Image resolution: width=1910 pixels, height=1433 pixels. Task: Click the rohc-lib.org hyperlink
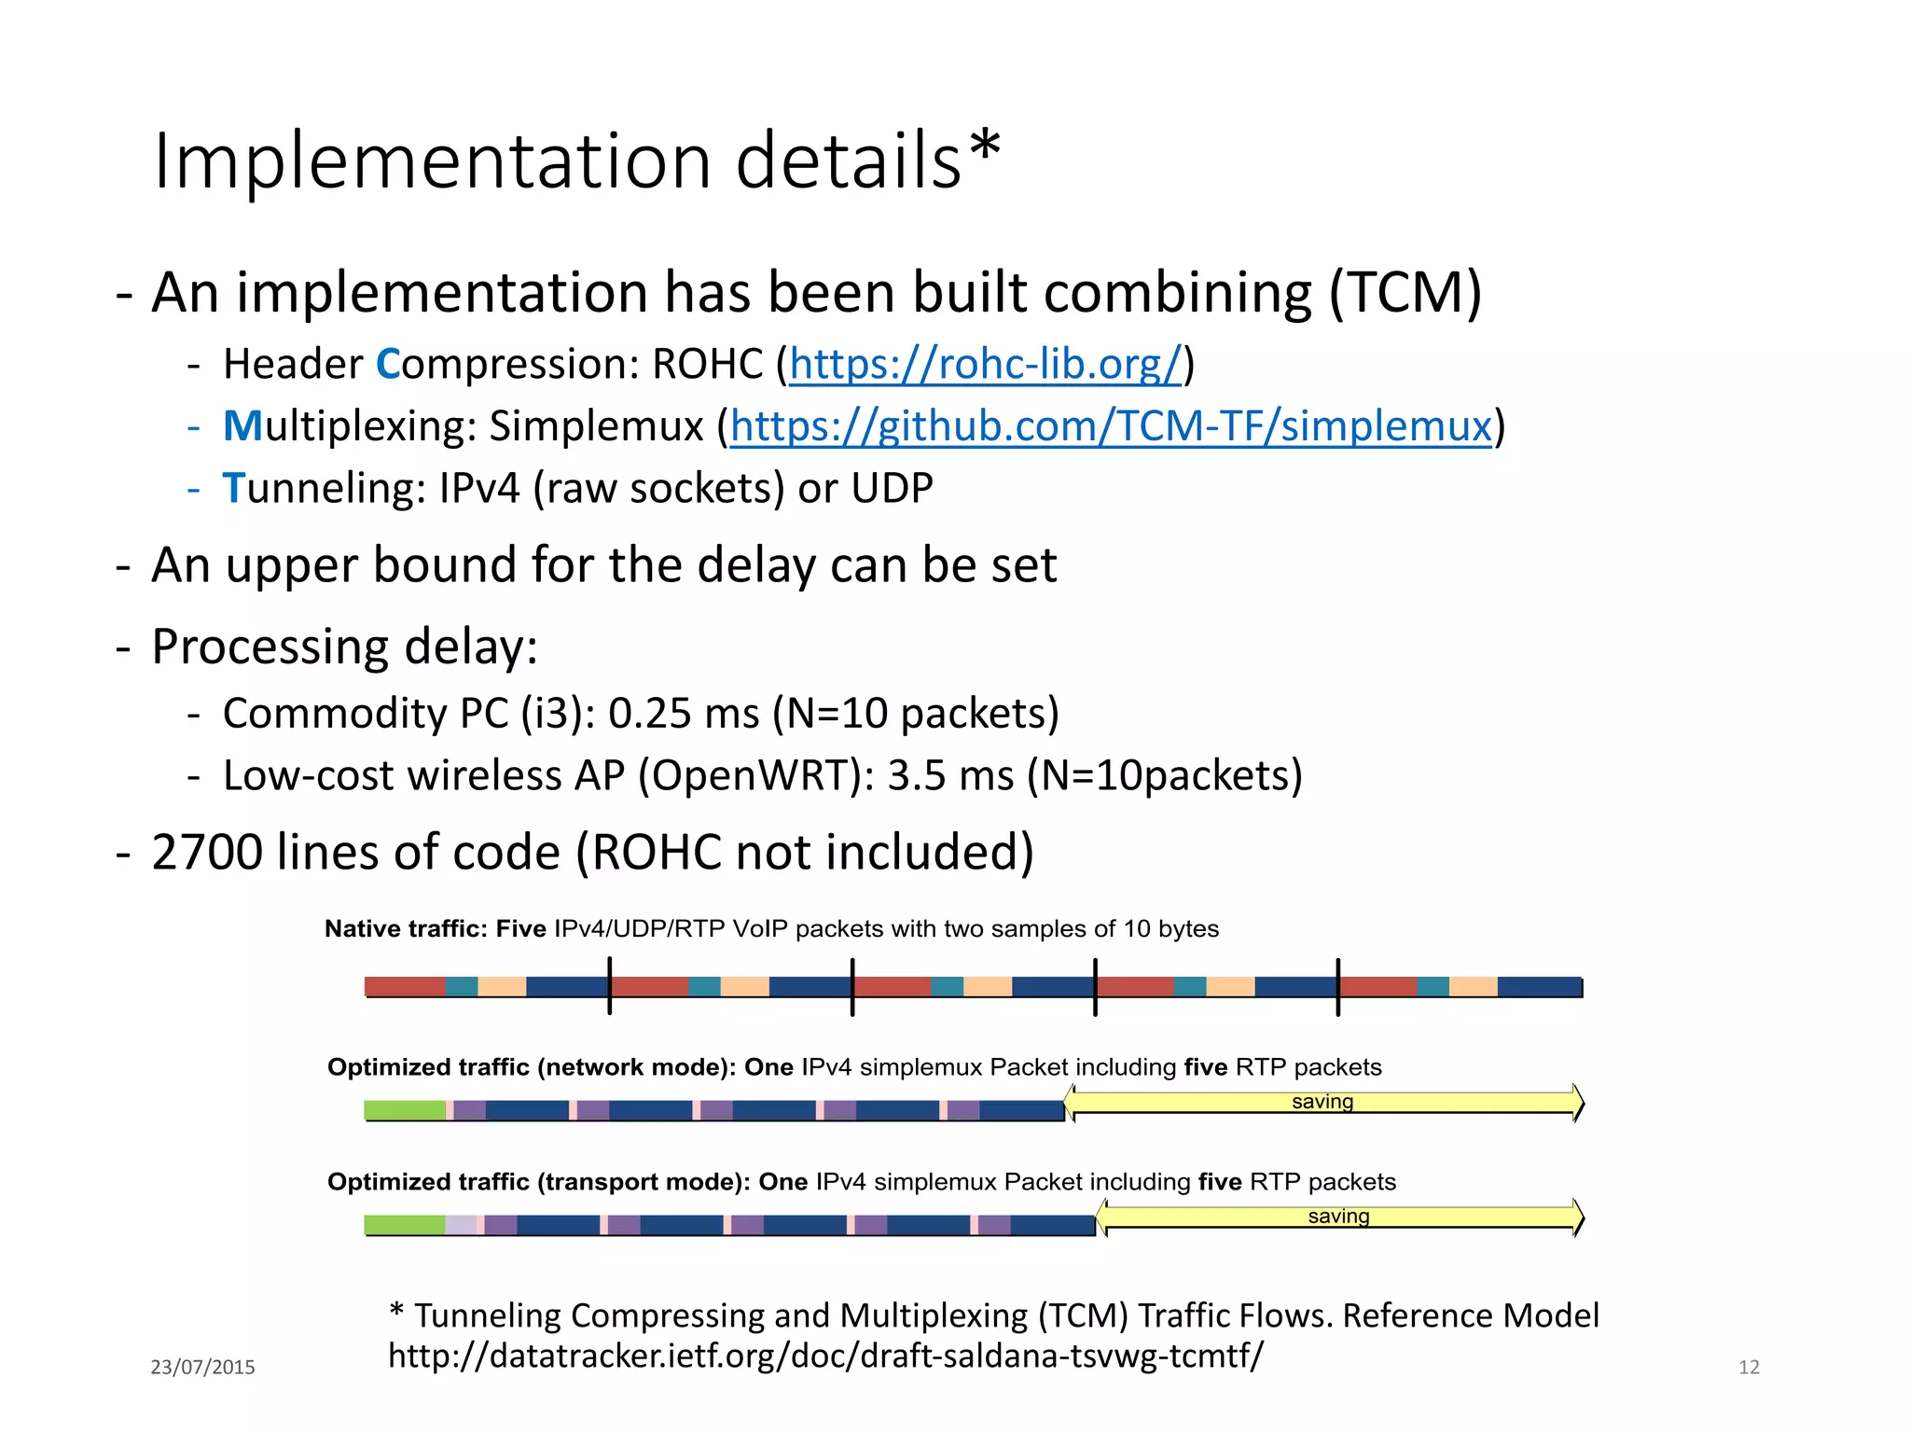pyautogui.click(x=985, y=365)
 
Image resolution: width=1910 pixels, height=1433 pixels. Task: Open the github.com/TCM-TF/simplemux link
pyautogui.click(x=1111, y=427)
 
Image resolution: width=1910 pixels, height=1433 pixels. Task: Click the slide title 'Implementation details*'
pyautogui.click(x=576, y=160)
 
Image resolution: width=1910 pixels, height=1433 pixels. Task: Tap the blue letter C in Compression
pyautogui.click(x=388, y=365)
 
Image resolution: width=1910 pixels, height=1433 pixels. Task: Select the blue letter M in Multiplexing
pyautogui.click(x=242, y=427)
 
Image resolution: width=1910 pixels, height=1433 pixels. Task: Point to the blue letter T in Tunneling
pyautogui.click(x=233, y=489)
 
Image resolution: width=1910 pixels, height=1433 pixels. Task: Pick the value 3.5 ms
pyautogui.click(x=949, y=776)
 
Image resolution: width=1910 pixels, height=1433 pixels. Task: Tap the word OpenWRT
pyautogui.click(x=756, y=776)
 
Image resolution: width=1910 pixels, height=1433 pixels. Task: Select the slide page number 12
pyautogui.click(x=1749, y=1367)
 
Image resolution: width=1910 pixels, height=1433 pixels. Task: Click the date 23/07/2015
pyautogui.click(x=202, y=1367)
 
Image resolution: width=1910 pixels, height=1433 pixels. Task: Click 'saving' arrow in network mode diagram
pyautogui.click(x=1322, y=1103)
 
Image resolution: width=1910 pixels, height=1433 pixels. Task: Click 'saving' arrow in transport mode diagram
pyautogui.click(x=1338, y=1217)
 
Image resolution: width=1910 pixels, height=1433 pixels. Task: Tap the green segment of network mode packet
pyautogui.click(x=404, y=1110)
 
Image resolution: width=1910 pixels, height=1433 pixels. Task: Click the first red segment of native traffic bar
pyautogui.click(x=404, y=986)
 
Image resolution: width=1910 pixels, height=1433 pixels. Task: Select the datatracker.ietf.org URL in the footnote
pyautogui.click(x=825, y=1356)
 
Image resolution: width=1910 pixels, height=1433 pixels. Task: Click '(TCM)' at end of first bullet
pyautogui.click(x=1405, y=293)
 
